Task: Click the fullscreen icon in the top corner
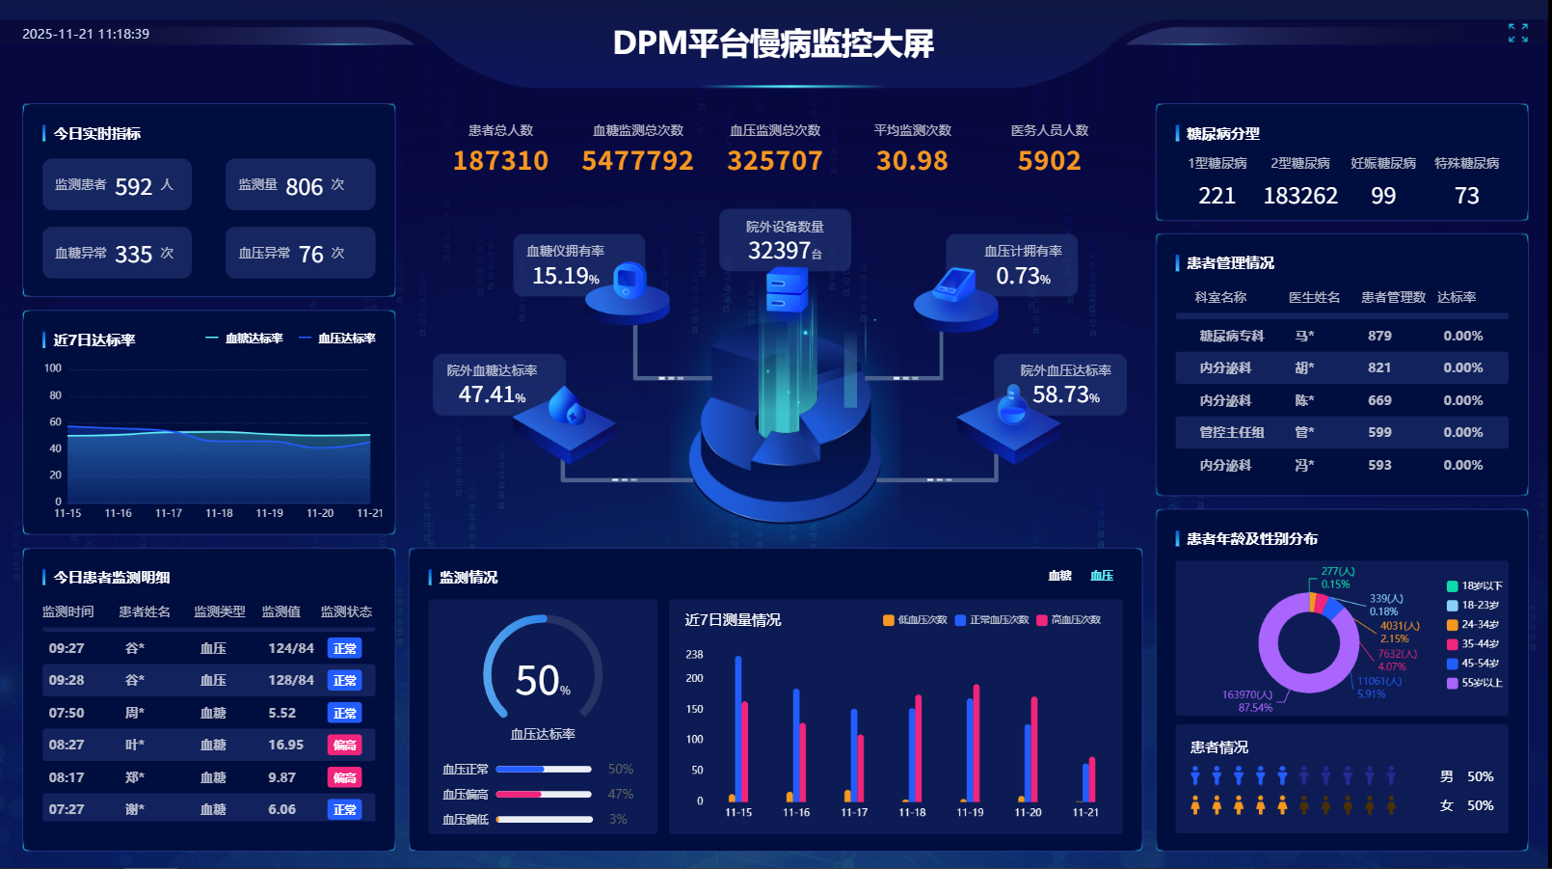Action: pos(1518,33)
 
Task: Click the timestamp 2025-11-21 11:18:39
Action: pos(86,34)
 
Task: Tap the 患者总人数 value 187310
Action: pos(500,161)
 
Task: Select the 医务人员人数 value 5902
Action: pos(1049,161)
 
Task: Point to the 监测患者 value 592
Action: pos(133,187)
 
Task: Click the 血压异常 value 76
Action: pos(311,255)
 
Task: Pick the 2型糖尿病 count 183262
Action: pos(1300,197)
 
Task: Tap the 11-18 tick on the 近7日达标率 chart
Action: pos(219,513)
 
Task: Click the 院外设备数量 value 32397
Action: pos(780,251)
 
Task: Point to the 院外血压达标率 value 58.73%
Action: pos(1065,394)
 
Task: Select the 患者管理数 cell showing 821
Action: pos(1379,367)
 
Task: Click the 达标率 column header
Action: pos(1456,297)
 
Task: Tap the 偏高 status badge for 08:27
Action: pos(344,745)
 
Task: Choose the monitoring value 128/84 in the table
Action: pos(291,680)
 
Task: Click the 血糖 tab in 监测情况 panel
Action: pos(1059,576)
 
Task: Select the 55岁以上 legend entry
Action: pos(1481,683)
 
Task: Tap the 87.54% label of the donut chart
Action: pos(1255,708)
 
